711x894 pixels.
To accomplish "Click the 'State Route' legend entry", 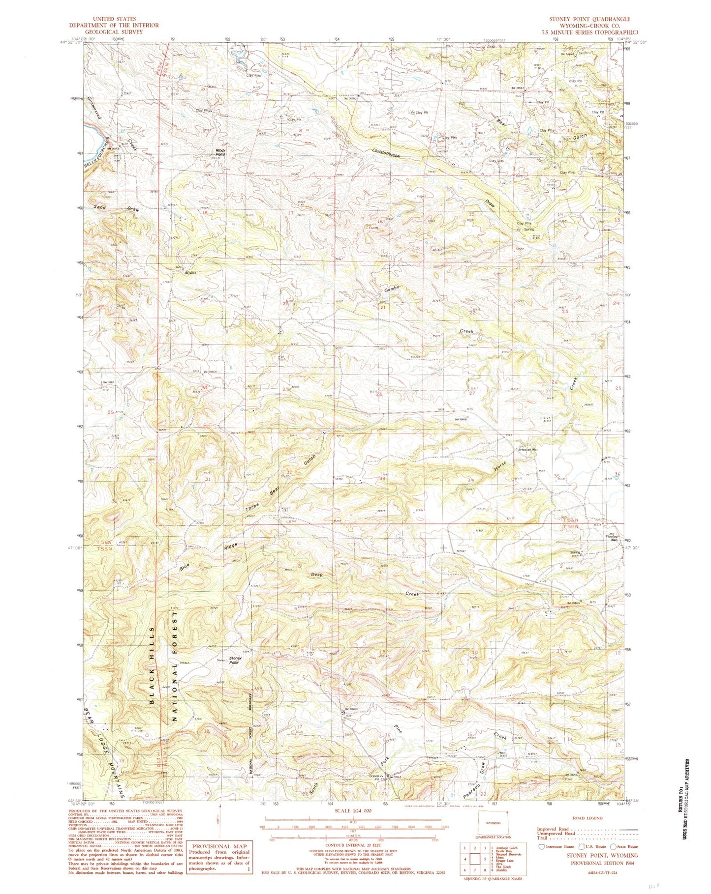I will point(624,847).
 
